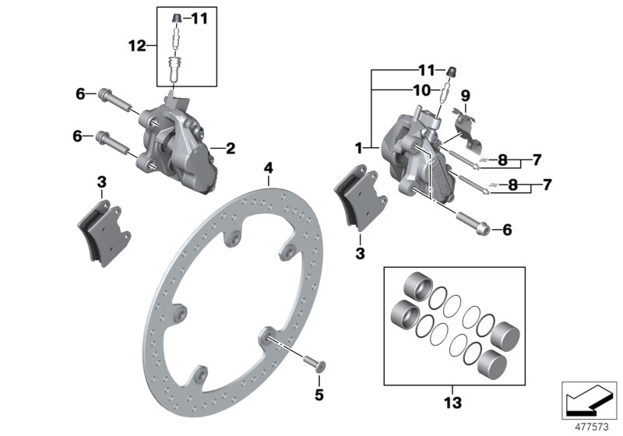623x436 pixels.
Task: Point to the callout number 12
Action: click(x=137, y=47)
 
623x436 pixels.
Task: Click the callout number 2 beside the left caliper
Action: click(x=231, y=146)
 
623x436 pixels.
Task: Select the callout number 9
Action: click(x=465, y=96)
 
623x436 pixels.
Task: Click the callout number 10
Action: click(x=421, y=90)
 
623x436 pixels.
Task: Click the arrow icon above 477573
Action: click(x=590, y=402)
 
